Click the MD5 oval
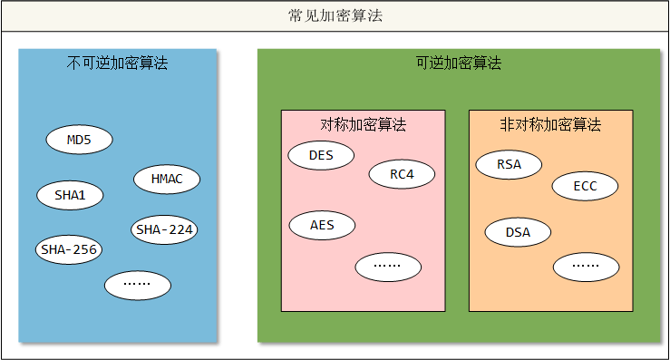click(x=80, y=140)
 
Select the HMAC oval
click(x=166, y=179)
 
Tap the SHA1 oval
click(x=70, y=194)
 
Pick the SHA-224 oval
click(x=164, y=229)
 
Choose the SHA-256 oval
click(x=69, y=248)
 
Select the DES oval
click(x=321, y=155)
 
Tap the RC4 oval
click(x=402, y=174)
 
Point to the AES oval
click(x=321, y=225)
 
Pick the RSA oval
click(x=509, y=165)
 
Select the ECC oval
click(x=586, y=186)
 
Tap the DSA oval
click(x=518, y=232)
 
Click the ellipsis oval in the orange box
click(x=586, y=266)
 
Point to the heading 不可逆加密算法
click(x=118, y=63)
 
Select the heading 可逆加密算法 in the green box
click(x=458, y=63)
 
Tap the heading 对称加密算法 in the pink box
click(x=363, y=124)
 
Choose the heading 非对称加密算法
click(x=550, y=125)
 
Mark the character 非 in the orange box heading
click(x=507, y=125)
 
